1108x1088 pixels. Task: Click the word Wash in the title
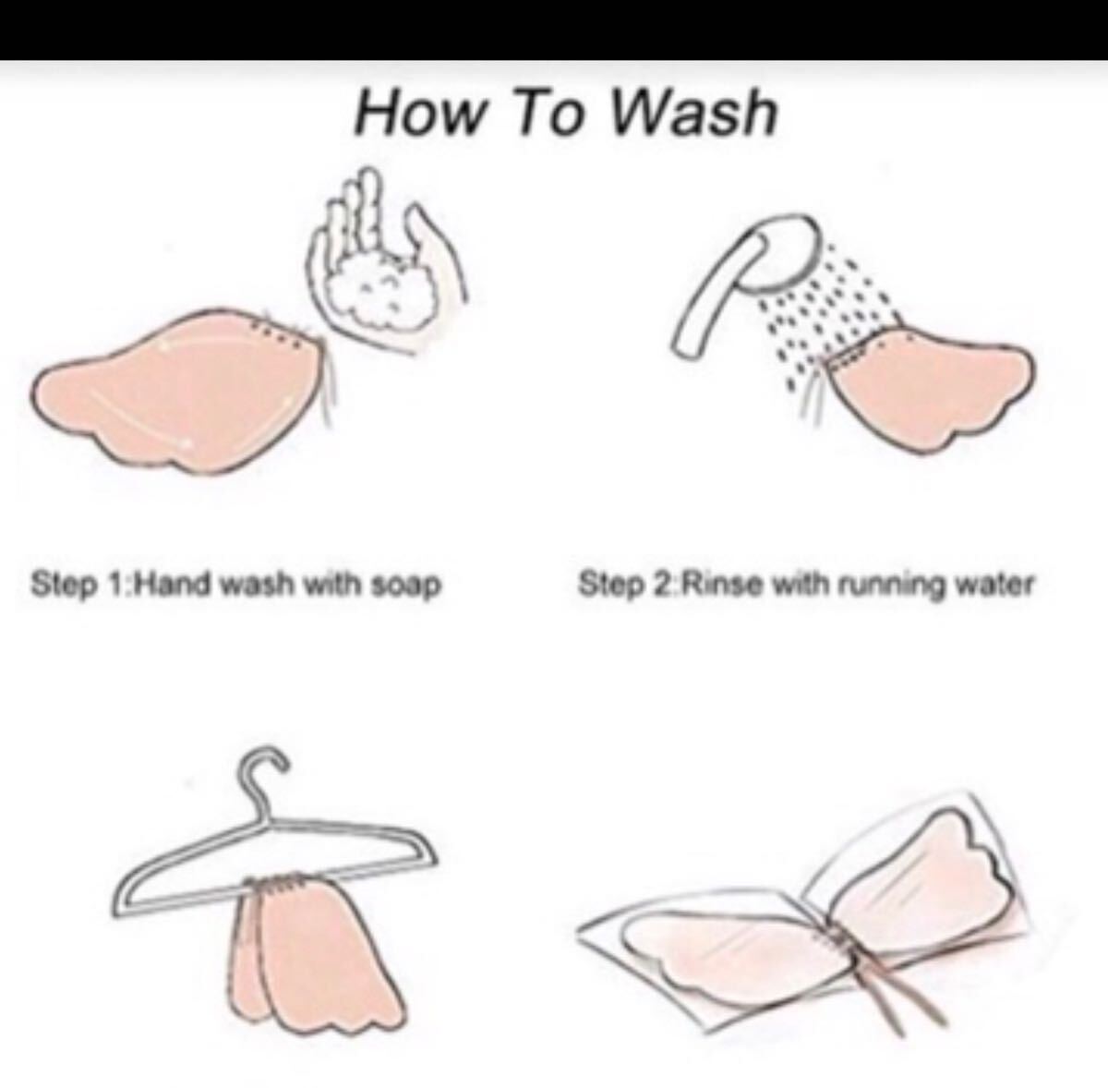[694, 112]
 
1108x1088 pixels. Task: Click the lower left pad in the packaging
[730, 949]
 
